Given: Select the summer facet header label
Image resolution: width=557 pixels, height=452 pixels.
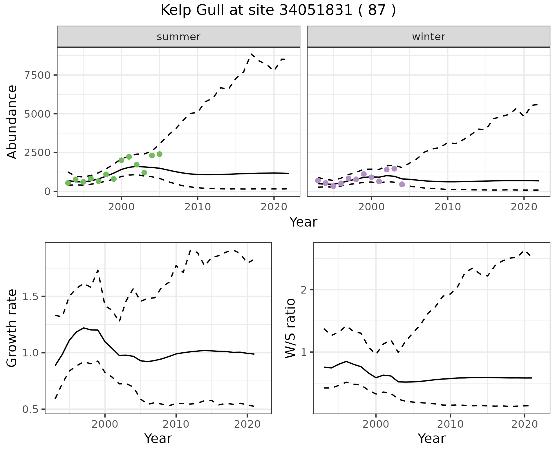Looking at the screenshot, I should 178,37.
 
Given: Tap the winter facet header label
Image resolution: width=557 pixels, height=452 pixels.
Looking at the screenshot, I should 428,37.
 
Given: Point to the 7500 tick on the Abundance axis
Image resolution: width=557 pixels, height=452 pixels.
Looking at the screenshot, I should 37,75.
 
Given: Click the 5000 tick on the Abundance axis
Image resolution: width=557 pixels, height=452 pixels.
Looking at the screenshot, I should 37,114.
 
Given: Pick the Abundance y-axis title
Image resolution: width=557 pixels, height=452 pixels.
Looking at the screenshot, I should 12,122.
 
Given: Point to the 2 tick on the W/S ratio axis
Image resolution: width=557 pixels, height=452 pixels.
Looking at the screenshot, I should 304,290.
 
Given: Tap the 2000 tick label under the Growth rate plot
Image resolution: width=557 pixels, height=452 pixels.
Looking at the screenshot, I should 105,424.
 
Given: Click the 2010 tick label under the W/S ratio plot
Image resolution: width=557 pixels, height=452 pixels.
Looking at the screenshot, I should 450,424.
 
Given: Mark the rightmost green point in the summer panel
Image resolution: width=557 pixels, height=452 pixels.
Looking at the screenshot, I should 159,154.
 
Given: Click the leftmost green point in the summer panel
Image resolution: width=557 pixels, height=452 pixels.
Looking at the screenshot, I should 68,183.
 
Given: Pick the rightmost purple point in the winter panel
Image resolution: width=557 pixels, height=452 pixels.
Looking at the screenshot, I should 402,184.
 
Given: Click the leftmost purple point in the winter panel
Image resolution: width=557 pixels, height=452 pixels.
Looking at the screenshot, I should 318,181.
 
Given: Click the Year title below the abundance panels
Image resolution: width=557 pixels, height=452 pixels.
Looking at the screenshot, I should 303,222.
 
